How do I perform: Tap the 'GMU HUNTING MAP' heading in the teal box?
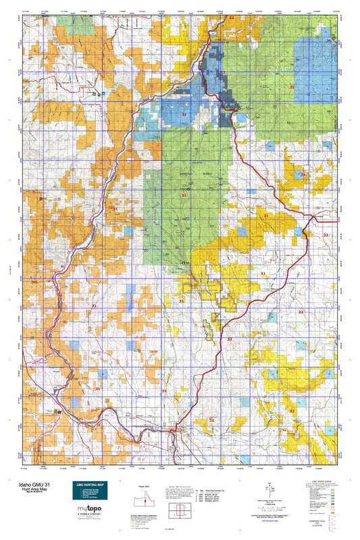(90, 485)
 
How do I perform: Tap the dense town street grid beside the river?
(178, 429)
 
